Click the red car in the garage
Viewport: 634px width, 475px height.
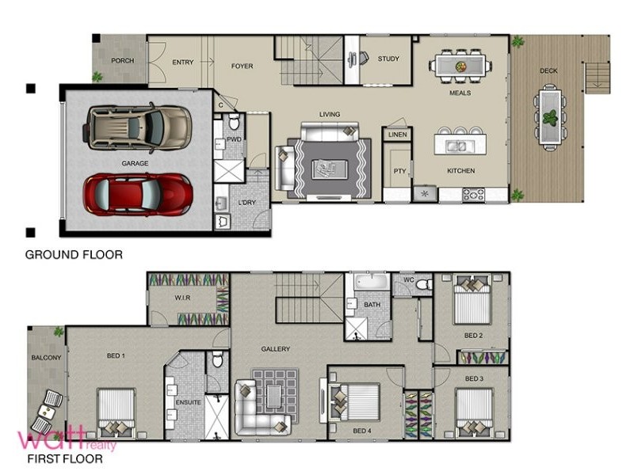137,195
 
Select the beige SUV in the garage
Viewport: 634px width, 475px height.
137,127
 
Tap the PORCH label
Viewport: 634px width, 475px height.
123,61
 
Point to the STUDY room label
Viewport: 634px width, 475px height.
388,59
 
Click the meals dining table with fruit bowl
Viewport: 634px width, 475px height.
460,66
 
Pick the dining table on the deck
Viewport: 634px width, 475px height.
549,117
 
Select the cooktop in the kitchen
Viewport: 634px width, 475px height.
473,195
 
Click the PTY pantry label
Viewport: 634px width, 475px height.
399,171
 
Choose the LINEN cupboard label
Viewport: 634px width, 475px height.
398,135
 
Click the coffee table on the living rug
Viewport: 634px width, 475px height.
330,169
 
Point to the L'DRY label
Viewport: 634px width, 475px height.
246,203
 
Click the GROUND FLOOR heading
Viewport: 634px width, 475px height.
74,255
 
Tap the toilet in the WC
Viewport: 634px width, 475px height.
423,284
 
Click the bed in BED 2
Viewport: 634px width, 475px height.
472,300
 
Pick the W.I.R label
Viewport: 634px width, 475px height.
182,298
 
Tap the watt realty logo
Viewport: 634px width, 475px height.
67,439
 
